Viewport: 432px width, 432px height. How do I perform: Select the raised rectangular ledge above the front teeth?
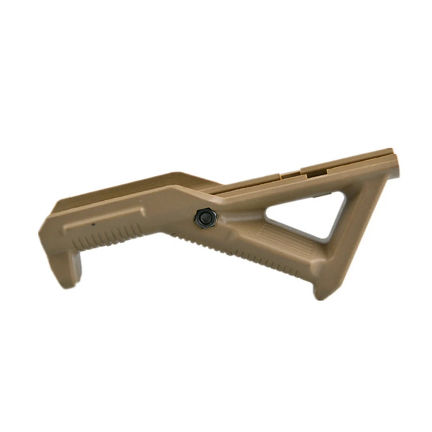point(104,218)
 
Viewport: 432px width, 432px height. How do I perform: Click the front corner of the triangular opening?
point(267,213)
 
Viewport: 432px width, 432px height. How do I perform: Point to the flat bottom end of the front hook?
point(69,285)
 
